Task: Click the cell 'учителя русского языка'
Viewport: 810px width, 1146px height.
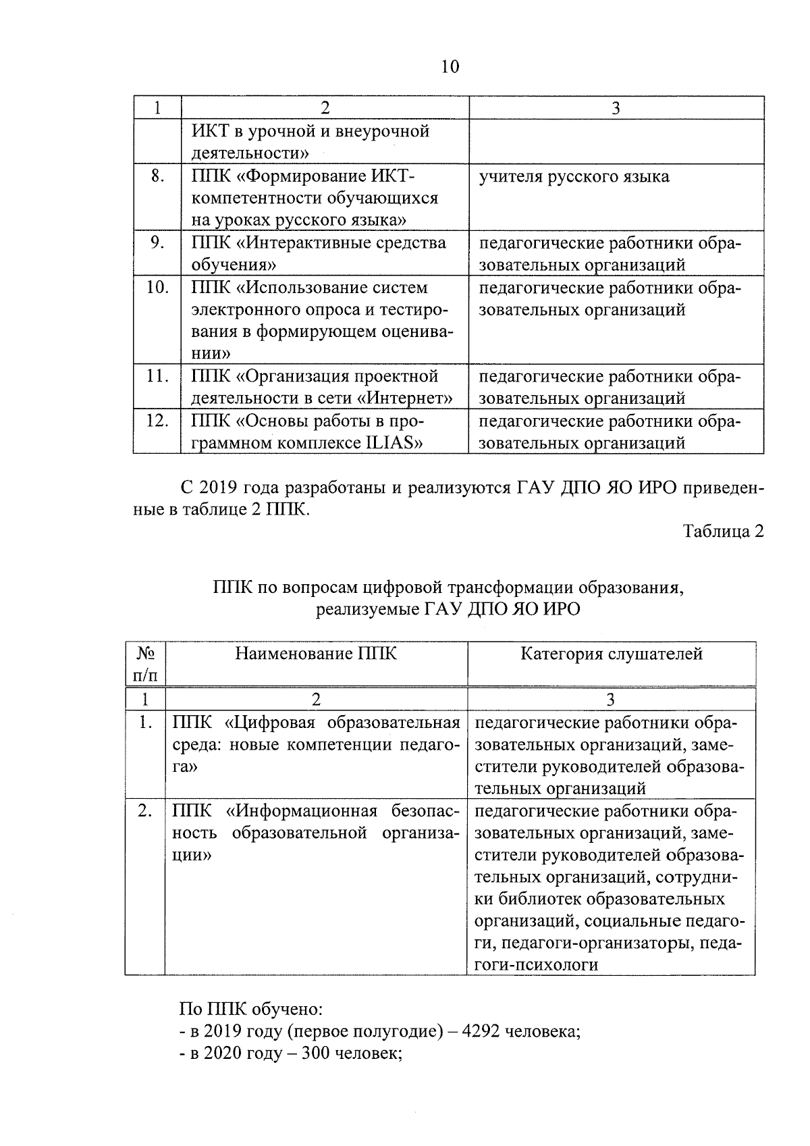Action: pyautogui.click(x=574, y=177)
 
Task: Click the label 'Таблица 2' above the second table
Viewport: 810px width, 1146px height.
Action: pyautogui.click(x=723, y=531)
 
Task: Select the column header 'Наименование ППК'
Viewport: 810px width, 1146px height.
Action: pyautogui.click(x=316, y=654)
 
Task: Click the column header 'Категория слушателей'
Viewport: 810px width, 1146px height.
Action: pyautogui.click(x=612, y=654)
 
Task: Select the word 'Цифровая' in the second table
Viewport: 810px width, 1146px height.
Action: pyautogui.click(x=273, y=723)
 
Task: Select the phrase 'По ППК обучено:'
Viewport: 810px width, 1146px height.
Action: pyautogui.click(x=251, y=1010)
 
